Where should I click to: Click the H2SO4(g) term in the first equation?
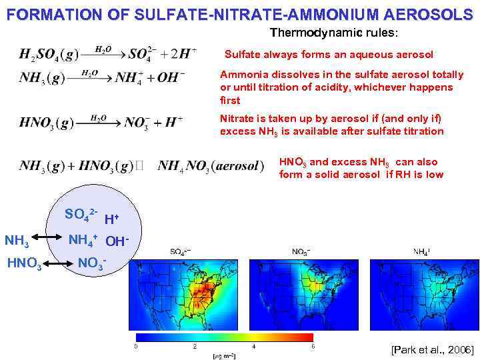pyautogui.click(x=47, y=54)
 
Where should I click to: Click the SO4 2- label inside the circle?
pyautogui.click(x=81, y=214)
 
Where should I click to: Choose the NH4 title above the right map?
pyautogui.click(x=421, y=252)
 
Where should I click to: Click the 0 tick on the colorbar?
pyautogui.click(x=136, y=347)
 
